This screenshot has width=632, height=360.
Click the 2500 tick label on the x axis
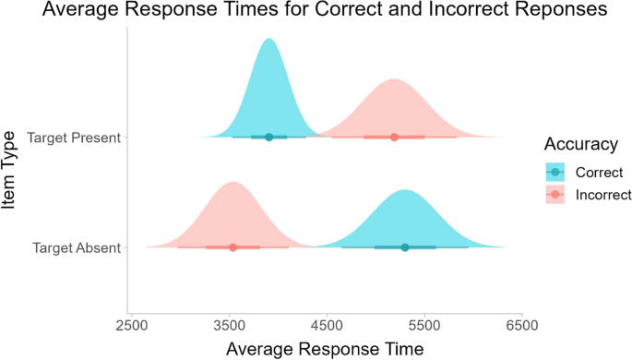pos(132,327)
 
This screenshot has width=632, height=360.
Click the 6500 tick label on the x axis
pos(522,327)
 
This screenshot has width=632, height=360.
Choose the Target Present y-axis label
pos(75,138)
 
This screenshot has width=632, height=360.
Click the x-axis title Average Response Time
pos(326,349)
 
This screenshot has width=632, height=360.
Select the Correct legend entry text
pos(599,172)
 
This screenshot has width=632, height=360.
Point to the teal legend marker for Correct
pos(555,172)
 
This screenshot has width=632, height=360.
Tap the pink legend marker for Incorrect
pos(555,195)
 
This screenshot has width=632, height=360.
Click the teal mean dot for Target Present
pos(268,137)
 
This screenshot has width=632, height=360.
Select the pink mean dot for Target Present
pos(394,137)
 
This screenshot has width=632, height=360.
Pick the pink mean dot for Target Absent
pos(233,247)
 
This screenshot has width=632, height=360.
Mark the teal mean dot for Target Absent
pos(404,247)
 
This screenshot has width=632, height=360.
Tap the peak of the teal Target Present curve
pos(268,40)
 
